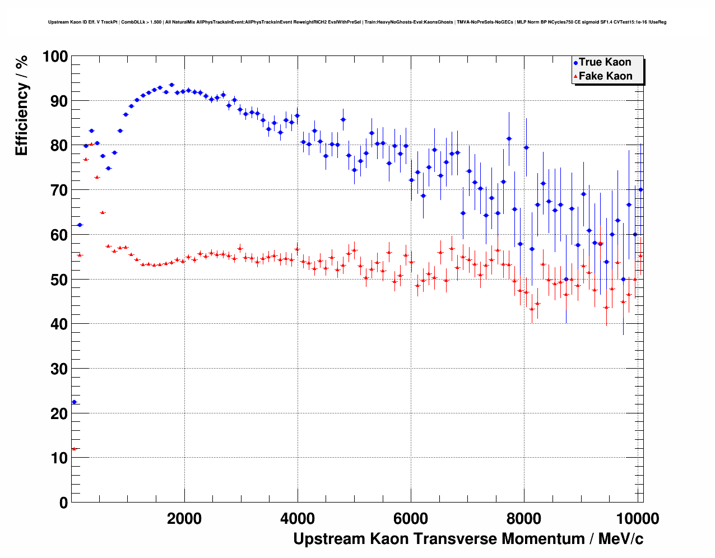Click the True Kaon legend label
[605, 62]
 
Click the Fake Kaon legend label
[605, 76]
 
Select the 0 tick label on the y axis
[63, 503]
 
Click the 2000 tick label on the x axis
[184, 518]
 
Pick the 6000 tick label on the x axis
[411, 518]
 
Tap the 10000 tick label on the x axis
[637, 518]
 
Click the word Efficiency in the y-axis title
[22, 120]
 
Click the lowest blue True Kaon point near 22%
[74, 402]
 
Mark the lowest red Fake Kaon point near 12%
[74, 449]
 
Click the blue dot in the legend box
[575, 63]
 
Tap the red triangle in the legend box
[575, 77]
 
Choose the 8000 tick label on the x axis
[524, 518]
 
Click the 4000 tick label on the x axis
[298, 518]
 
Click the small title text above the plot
[357, 22]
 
